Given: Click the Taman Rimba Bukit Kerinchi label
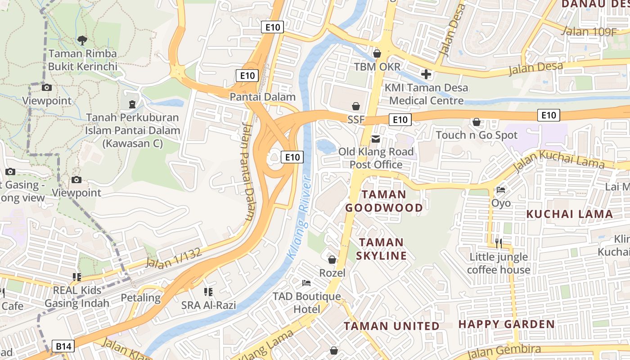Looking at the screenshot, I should pos(82,60).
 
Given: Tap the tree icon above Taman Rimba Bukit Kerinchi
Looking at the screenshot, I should pos(82,40).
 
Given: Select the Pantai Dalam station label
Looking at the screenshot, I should pos(262,97).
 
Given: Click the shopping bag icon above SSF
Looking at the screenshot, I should pos(356,106).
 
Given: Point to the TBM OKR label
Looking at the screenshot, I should pos(377,67).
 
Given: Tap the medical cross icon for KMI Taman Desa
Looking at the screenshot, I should pos(426,74).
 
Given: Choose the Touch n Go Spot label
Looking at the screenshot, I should pos(477,135).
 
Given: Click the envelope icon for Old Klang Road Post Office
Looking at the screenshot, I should pos(376,139).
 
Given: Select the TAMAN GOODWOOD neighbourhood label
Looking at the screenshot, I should pos(384,201).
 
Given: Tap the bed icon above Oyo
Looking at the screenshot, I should pos(501,190).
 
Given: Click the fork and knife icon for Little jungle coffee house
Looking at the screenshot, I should pos(499,243).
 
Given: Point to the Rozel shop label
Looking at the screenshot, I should pos(332,273).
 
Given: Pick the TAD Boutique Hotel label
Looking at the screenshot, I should pos(307,303).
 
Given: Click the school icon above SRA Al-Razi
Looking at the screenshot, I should pos(208,292).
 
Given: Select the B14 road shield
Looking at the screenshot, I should pos(63,346).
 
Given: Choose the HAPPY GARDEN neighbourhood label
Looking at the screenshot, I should pos(506,324).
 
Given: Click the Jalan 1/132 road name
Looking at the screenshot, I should pos(174,258).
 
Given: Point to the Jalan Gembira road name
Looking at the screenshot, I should pos(504,351).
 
